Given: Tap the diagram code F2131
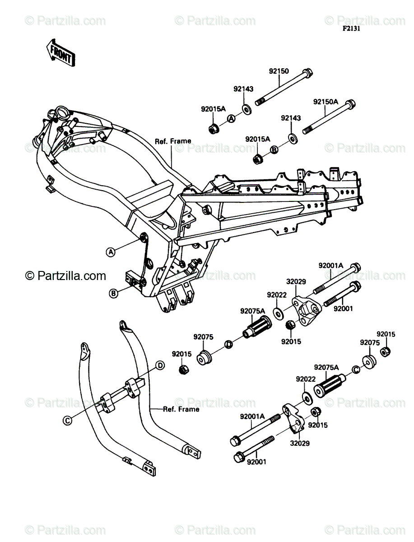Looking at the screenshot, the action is point(351,28).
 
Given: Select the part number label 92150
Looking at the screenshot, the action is point(279,71).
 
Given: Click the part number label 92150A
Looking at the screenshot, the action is point(326,102).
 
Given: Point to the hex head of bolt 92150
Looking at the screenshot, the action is point(307,73).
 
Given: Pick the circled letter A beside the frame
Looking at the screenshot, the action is point(111,252).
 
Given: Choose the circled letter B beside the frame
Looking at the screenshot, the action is point(113,293).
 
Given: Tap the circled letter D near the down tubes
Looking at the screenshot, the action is point(160,365).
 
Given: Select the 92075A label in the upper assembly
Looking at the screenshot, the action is point(253,311).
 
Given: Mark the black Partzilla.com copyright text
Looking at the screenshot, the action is point(65,276).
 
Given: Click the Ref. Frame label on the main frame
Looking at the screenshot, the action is point(173,141).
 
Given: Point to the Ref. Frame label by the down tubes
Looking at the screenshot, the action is point(181,409).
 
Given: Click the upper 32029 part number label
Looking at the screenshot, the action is point(296,281).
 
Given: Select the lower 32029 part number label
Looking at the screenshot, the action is point(300,443).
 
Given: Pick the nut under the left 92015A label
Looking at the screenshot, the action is point(213,129).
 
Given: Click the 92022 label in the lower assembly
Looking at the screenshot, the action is point(306,379).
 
